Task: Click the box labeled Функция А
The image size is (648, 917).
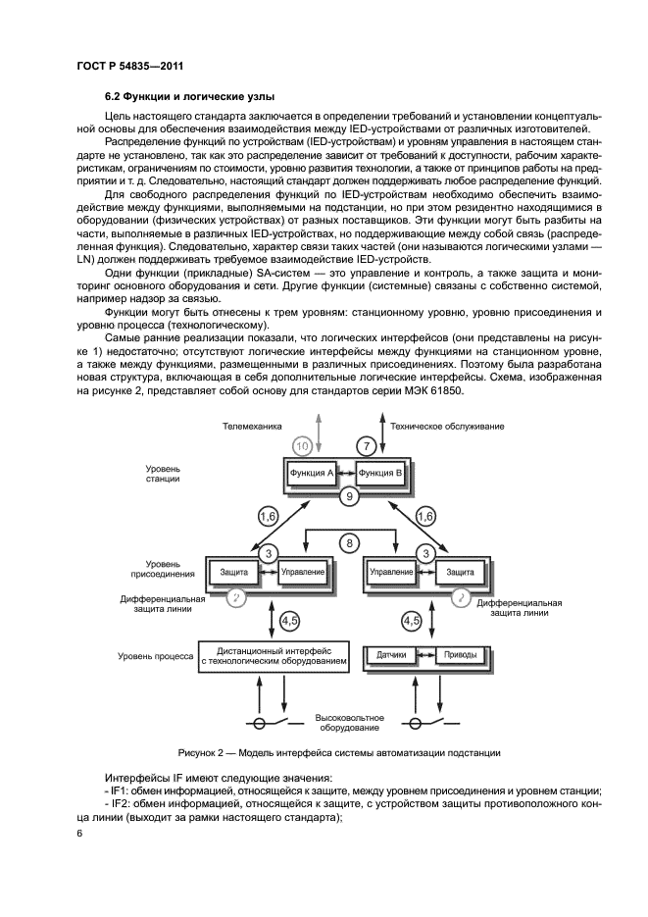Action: (x=308, y=473)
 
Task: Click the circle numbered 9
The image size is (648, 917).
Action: (x=345, y=498)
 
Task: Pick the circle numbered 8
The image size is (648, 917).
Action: (x=346, y=541)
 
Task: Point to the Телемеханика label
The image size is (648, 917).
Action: (x=251, y=427)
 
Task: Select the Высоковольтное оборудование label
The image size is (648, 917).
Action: (x=349, y=723)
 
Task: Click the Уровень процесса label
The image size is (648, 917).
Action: (x=153, y=655)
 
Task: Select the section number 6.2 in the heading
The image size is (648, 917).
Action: (x=114, y=96)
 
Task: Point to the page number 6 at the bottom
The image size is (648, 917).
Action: (x=79, y=834)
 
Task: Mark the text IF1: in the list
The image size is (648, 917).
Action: (x=124, y=790)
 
